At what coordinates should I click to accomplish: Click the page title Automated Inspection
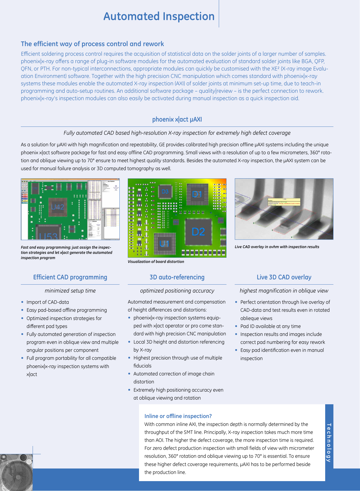click(159, 16)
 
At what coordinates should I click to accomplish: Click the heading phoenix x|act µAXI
click(177, 119)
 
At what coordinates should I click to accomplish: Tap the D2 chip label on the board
click(198, 232)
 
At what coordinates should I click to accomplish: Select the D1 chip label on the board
click(197, 194)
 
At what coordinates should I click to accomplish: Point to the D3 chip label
click(165, 192)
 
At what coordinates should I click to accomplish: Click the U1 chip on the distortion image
click(164, 243)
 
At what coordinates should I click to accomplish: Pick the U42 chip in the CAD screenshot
click(58, 207)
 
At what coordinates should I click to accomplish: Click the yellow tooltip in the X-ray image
click(284, 202)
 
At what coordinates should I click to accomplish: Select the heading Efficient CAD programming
click(70, 277)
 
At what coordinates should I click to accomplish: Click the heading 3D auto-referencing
click(177, 277)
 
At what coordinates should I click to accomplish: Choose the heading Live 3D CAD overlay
click(284, 277)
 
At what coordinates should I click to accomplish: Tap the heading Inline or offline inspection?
click(178, 416)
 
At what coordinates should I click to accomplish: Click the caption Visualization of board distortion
click(156, 262)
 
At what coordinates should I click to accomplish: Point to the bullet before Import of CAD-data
click(22, 302)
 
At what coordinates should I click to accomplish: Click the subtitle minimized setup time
click(70, 291)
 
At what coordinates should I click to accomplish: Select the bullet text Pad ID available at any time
click(270, 326)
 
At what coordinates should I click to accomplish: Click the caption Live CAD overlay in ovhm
click(277, 247)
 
